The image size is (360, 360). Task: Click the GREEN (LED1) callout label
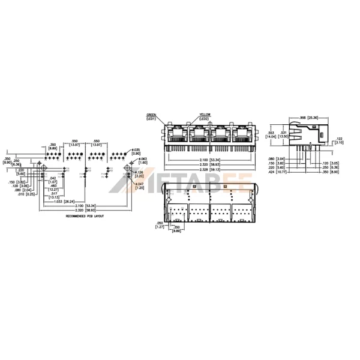pos(151,117)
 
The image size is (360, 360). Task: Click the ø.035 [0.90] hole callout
pos(136,152)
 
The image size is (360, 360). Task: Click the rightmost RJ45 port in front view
pos(242,134)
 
